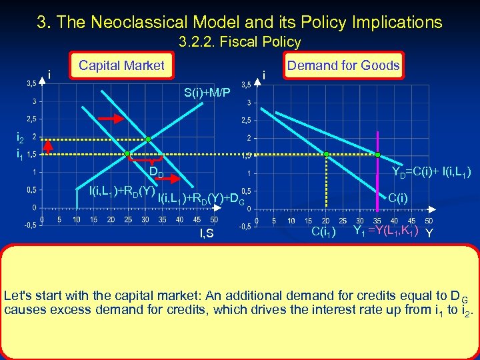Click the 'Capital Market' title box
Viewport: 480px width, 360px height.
click(x=121, y=65)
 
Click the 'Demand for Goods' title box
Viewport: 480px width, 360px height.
click(x=343, y=65)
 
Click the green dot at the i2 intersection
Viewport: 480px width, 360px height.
click(x=149, y=139)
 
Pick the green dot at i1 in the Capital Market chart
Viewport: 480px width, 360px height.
click(x=127, y=154)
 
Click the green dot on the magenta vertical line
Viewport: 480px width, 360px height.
click(x=378, y=154)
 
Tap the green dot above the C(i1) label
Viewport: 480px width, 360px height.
click(x=327, y=154)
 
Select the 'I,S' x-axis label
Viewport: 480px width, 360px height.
click(x=207, y=233)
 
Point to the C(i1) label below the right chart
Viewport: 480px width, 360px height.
click(x=325, y=232)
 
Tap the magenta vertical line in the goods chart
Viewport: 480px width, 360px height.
click(x=378, y=187)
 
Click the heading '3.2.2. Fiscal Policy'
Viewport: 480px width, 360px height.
click(x=240, y=42)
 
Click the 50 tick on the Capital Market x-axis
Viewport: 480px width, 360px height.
click(x=213, y=219)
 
